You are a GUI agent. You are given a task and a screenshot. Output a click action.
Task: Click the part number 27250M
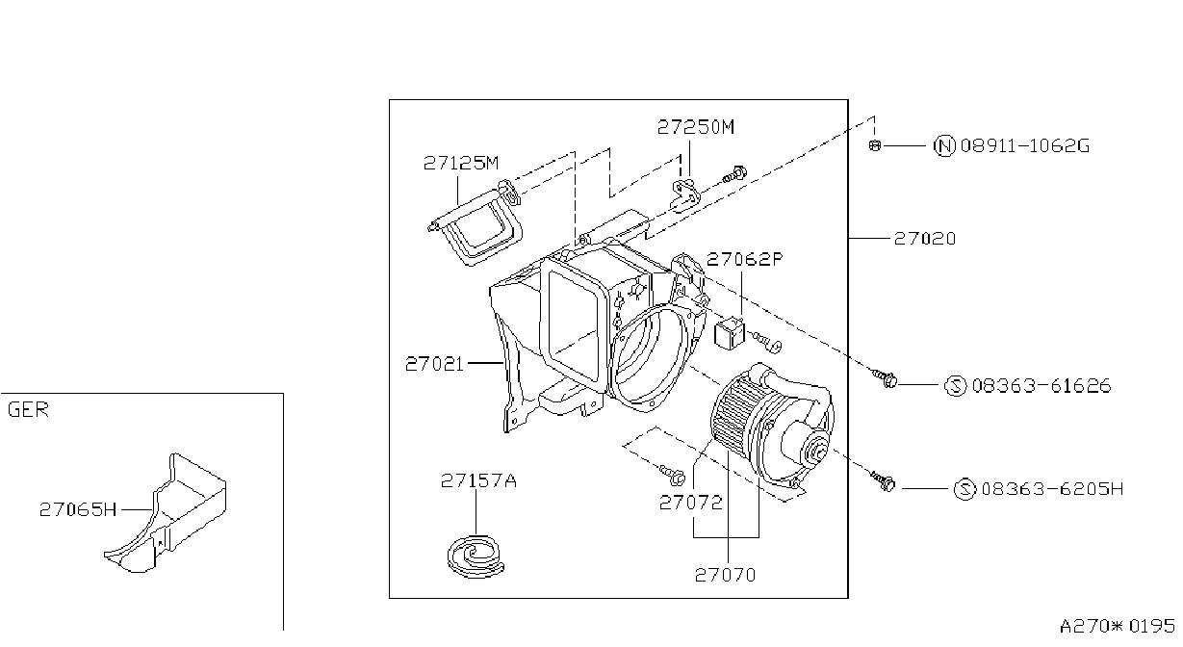pos(696,127)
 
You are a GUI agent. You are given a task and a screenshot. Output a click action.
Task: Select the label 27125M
pos(461,164)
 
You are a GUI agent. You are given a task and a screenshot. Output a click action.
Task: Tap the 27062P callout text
pos(745,259)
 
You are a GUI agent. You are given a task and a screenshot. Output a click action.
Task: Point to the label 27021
pos(434,364)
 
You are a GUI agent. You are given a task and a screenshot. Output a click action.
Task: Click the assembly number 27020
pos(925,239)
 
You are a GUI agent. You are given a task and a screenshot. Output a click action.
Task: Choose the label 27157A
pos(478,480)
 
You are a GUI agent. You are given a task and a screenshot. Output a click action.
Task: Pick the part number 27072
pos(691,503)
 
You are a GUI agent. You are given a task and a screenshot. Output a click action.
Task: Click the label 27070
pos(725,575)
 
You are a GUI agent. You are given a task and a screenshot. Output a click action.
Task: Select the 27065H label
pos(78,509)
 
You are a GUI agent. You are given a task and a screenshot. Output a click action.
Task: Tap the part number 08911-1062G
pos(1024,145)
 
